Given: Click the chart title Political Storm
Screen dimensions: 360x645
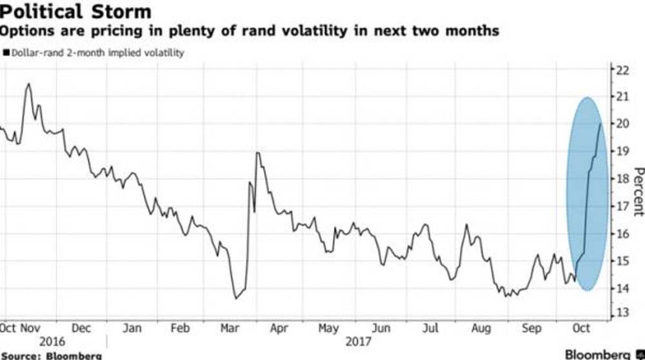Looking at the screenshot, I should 76,12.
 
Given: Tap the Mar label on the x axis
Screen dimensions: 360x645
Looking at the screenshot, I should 230,328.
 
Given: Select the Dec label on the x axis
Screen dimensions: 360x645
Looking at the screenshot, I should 81,328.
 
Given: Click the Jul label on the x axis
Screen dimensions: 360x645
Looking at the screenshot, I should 431,328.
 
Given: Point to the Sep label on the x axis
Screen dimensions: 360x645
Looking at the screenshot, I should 531,328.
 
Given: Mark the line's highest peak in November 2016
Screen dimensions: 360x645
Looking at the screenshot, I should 28,84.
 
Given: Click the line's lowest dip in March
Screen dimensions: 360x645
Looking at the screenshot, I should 235,298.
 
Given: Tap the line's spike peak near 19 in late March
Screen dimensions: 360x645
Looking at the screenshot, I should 257,153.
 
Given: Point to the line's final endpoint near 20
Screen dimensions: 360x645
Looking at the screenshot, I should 600,124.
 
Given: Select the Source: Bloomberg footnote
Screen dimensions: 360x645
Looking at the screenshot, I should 51,355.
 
